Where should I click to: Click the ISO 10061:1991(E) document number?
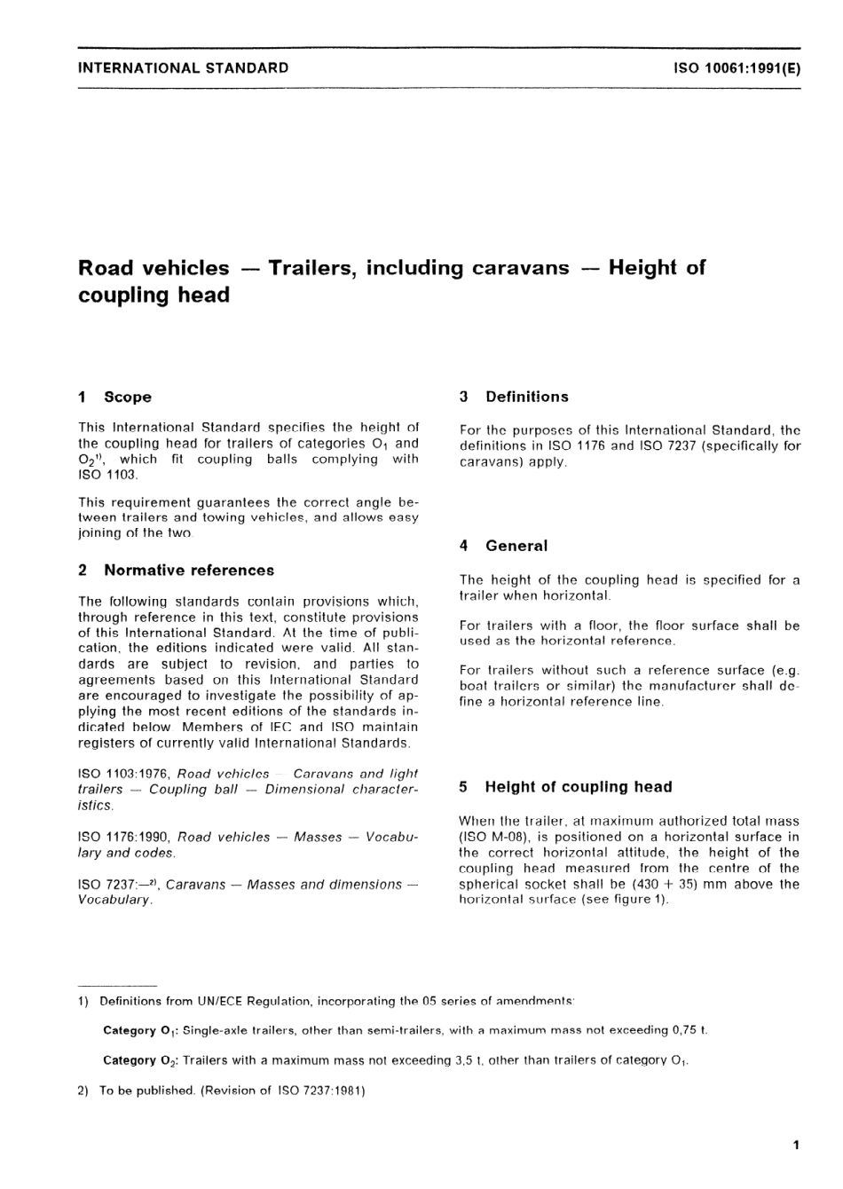pos(737,67)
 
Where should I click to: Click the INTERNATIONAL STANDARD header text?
pos(184,67)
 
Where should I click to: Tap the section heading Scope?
pos(128,398)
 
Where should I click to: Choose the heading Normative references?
pos(189,571)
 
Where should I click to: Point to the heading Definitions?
pos(527,397)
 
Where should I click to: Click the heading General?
pos(516,546)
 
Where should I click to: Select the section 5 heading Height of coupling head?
pos(579,787)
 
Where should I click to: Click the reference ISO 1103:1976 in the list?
pos(124,774)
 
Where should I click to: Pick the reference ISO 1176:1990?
pos(124,837)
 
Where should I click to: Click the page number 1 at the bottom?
pos(796,1146)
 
